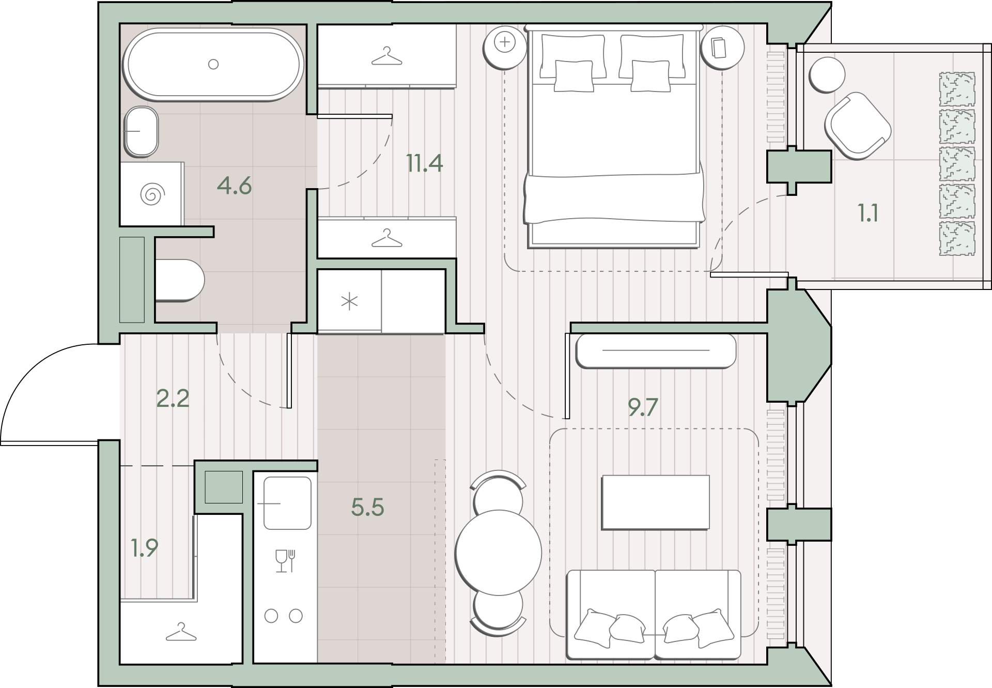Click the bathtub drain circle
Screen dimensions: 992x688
click(213, 64)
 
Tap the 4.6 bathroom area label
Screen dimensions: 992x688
click(234, 186)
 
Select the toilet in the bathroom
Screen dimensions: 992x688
click(179, 280)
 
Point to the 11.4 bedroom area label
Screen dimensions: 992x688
click(424, 163)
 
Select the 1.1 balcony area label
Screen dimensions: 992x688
click(868, 212)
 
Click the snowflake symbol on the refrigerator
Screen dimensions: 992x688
click(350, 301)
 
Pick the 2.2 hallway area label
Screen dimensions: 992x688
click(173, 398)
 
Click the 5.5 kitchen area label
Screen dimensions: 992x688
click(367, 507)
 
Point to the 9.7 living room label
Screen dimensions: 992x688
click(643, 407)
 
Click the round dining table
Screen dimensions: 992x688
click(499, 553)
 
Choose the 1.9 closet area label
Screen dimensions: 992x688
click(144, 548)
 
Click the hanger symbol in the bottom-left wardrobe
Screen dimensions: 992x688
click(181, 631)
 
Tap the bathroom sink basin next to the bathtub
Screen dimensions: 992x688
click(141, 131)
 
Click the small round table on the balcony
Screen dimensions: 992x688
click(827, 74)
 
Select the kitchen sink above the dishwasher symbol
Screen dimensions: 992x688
click(287, 503)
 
